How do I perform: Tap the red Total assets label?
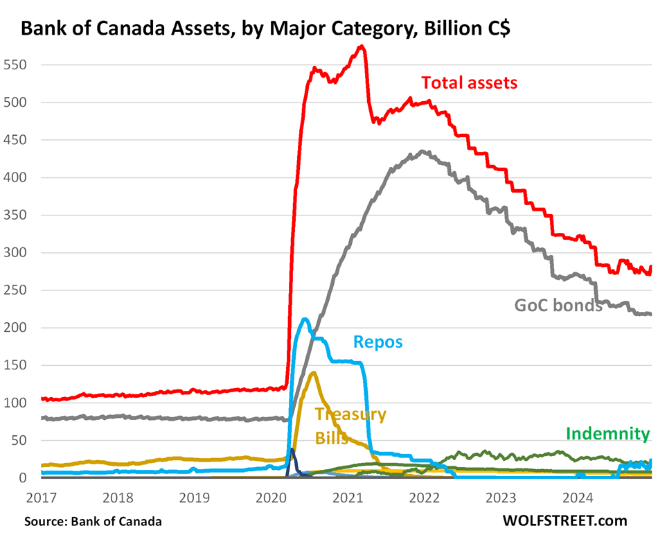[x=470, y=83]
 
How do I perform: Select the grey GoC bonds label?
[x=558, y=305]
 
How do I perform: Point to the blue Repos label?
[x=377, y=342]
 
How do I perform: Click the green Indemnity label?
[x=608, y=435]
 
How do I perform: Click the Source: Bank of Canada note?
[x=92, y=520]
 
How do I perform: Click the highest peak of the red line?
[x=361, y=47]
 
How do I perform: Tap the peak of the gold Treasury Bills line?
[x=314, y=373]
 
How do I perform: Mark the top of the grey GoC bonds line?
[x=423, y=151]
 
